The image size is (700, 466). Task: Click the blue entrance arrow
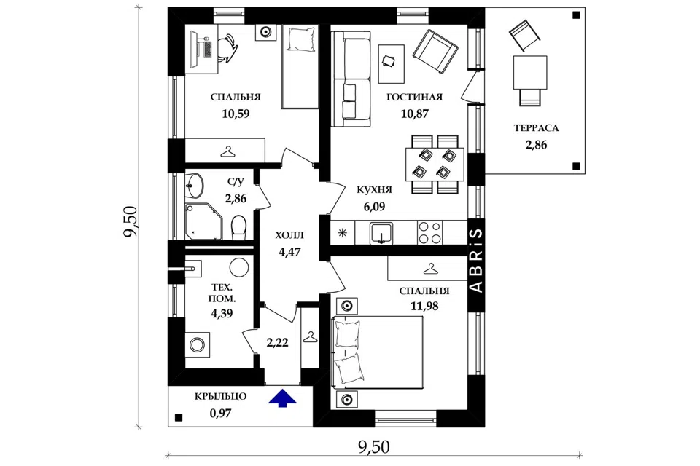(x=282, y=398)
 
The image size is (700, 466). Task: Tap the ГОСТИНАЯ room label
(x=414, y=98)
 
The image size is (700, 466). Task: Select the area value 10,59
(x=236, y=114)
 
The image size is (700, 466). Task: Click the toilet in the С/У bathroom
(x=238, y=226)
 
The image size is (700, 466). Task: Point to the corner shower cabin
(x=203, y=221)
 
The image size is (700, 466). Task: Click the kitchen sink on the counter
(x=381, y=233)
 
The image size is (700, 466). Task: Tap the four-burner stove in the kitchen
(x=429, y=233)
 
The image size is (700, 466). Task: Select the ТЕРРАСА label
(x=536, y=128)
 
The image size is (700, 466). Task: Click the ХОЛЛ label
(x=289, y=235)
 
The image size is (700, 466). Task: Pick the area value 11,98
(x=424, y=307)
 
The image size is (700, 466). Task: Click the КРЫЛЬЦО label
(x=220, y=396)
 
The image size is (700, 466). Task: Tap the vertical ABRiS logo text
(x=477, y=261)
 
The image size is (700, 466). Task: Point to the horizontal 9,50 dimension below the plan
(x=373, y=447)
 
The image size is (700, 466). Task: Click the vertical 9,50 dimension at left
(x=131, y=221)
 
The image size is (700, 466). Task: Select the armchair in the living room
(x=435, y=52)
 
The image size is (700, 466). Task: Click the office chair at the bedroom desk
(x=227, y=47)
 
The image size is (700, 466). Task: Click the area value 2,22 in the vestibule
(x=277, y=343)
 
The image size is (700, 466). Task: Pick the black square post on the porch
(x=179, y=418)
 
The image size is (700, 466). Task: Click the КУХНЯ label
(x=374, y=190)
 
